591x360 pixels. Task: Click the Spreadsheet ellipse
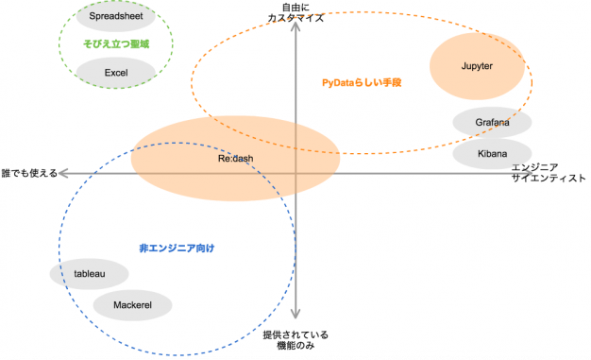(x=116, y=16)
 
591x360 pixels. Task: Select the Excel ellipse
(x=116, y=73)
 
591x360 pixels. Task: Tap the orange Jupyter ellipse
(x=477, y=66)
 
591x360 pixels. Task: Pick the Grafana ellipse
(x=492, y=122)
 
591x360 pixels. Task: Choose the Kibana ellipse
(x=492, y=154)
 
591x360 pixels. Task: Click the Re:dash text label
(x=236, y=159)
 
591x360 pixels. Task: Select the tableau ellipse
(x=90, y=274)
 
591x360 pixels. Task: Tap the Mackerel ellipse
(x=133, y=305)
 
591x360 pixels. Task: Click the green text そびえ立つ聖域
(x=116, y=44)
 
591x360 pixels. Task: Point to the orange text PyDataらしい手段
(x=362, y=82)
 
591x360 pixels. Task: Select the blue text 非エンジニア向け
(x=177, y=249)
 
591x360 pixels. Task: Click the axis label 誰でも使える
(x=29, y=173)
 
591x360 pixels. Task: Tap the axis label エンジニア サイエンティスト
(x=549, y=173)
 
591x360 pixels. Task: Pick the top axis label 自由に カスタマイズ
(x=295, y=13)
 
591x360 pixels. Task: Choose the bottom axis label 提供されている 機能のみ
(x=295, y=340)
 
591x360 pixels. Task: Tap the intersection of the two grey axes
(x=295, y=174)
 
